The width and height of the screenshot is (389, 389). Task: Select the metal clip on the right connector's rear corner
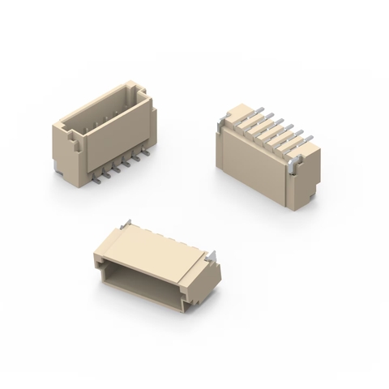[219, 122]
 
